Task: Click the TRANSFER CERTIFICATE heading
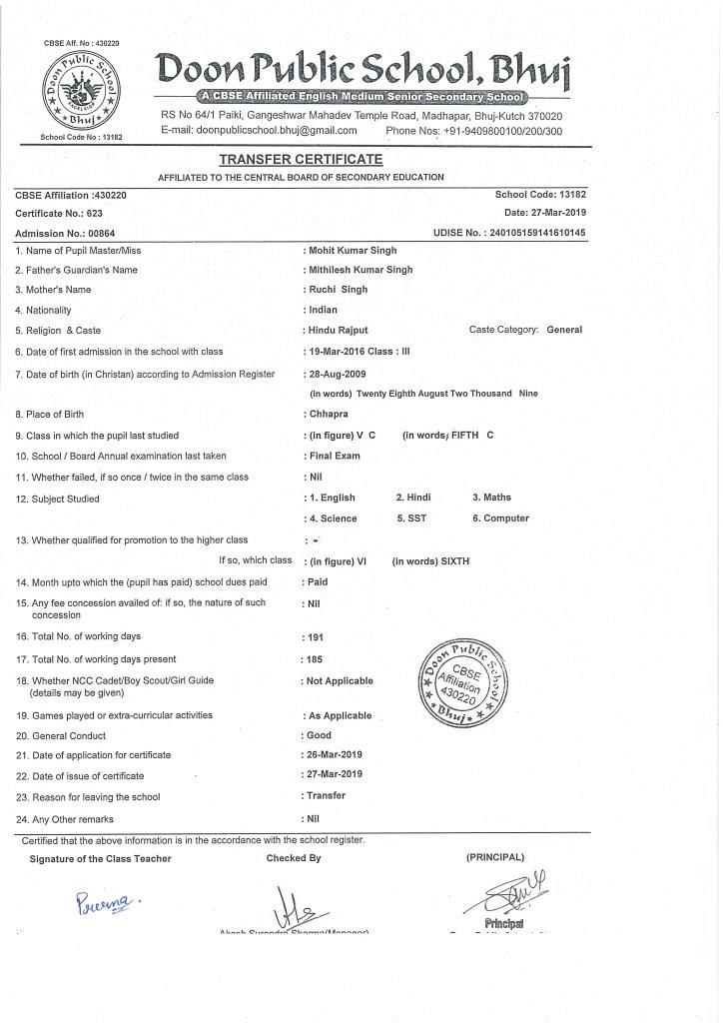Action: click(x=301, y=160)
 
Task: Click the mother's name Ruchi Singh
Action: click(x=340, y=290)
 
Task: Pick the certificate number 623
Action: click(x=95, y=214)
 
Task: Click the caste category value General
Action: click(x=564, y=330)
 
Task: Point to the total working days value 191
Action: click(x=317, y=636)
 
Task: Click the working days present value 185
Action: click(x=317, y=659)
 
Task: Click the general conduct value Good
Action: click(x=320, y=735)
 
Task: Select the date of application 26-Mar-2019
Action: click(x=336, y=754)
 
